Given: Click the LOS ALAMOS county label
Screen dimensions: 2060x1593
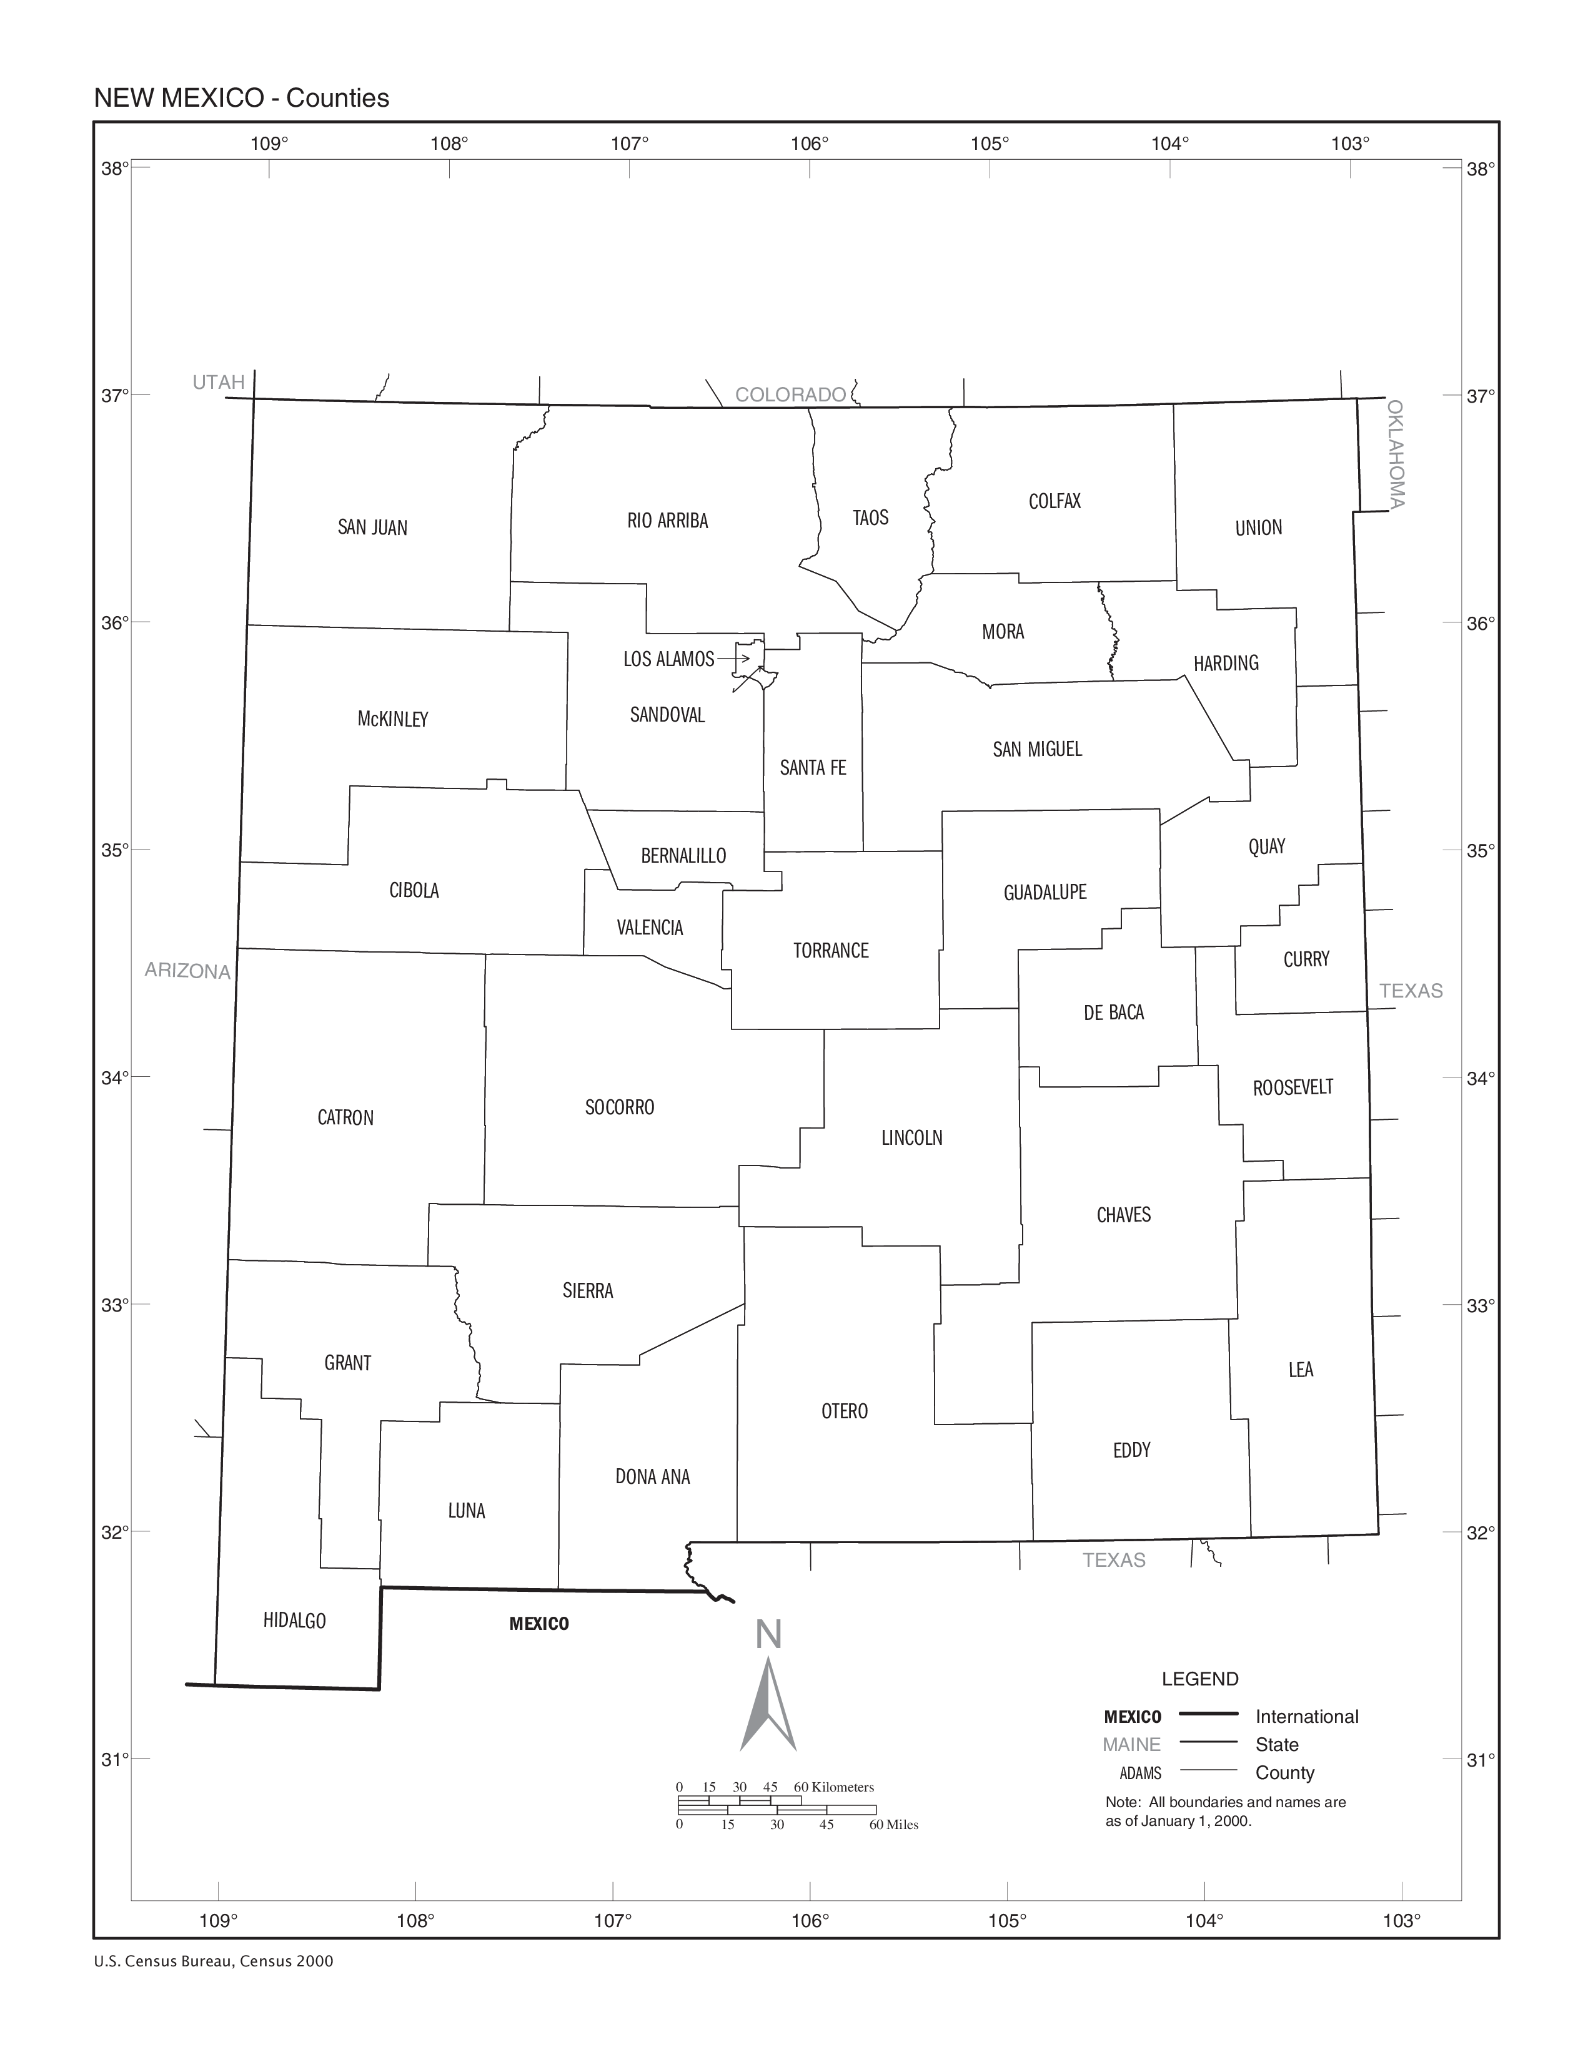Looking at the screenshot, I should click(668, 659).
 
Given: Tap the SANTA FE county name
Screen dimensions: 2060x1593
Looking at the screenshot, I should click(813, 768).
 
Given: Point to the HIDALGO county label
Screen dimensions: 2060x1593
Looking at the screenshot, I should click(294, 1621).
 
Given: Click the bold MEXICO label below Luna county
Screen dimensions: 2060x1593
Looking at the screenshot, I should click(539, 1623).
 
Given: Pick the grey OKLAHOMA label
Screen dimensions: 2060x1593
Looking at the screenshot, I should click(1396, 454).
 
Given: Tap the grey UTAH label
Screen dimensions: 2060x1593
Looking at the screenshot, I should click(218, 382).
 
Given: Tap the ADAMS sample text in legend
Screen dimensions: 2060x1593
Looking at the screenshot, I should click(1140, 1773).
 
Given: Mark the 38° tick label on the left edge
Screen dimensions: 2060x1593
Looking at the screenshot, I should click(114, 169).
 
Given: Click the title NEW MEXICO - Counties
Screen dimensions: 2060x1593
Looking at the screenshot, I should click(242, 98).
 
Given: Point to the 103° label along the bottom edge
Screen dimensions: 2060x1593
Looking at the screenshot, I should click(1401, 1920).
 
